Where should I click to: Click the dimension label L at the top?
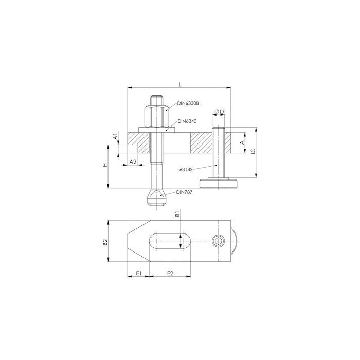pos(180,84)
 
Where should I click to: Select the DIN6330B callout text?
pos(188,104)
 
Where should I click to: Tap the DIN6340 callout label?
pos(187,121)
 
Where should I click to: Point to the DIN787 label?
pos(184,192)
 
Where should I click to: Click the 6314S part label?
pos(186,169)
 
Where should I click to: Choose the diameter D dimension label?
pos(219,112)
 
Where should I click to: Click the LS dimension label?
pos(253,151)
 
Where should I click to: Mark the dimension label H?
pos(105,165)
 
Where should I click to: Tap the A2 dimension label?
pos(133,162)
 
